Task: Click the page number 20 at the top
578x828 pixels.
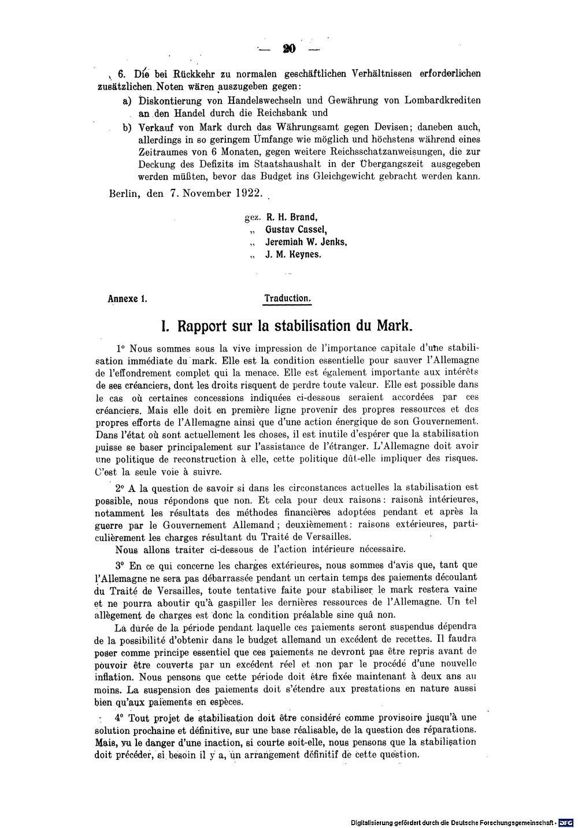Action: [x=289, y=49]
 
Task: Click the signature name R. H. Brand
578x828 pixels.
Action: [x=292, y=218]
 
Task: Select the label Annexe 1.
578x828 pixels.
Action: [x=128, y=299]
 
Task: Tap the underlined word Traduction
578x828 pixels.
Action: [x=288, y=299]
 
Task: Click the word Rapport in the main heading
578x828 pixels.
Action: [x=206, y=326]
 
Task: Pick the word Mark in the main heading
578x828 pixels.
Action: [x=394, y=326]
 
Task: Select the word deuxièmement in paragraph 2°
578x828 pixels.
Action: [x=320, y=524]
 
